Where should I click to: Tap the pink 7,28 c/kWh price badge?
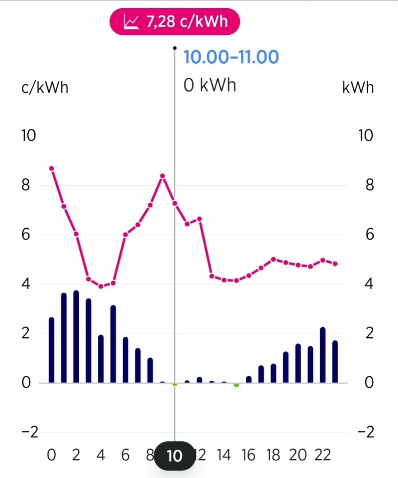(x=175, y=21)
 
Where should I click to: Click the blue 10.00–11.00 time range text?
(x=231, y=57)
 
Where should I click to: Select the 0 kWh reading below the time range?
(x=210, y=85)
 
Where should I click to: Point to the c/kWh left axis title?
(x=45, y=88)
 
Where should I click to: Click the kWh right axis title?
(x=358, y=88)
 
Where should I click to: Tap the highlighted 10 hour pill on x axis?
(x=174, y=456)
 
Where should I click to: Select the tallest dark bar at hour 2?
(x=76, y=337)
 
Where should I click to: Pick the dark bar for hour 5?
(x=113, y=344)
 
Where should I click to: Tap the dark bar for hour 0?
(x=51, y=350)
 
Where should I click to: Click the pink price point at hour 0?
(x=51, y=168)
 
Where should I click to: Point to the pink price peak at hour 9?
(x=163, y=176)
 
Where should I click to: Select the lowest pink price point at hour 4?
(x=101, y=286)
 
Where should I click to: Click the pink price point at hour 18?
(x=273, y=259)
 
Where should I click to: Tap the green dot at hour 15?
(x=236, y=385)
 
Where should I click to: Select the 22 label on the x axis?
(x=322, y=455)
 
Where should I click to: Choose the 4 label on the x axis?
(x=101, y=455)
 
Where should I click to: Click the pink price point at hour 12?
(x=200, y=219)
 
